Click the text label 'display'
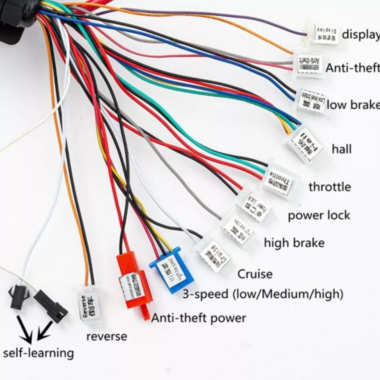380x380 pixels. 360,35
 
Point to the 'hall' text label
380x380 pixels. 342,149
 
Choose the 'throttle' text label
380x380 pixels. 329,187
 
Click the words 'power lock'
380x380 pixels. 319,215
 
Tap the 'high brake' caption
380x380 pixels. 294,243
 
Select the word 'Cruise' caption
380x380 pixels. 255,274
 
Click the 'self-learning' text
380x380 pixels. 38,353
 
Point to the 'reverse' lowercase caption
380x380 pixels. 107,336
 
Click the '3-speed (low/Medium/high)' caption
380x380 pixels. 263,293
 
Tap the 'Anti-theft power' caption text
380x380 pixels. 199,318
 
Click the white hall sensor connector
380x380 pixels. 305,144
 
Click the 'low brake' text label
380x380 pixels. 353,105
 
